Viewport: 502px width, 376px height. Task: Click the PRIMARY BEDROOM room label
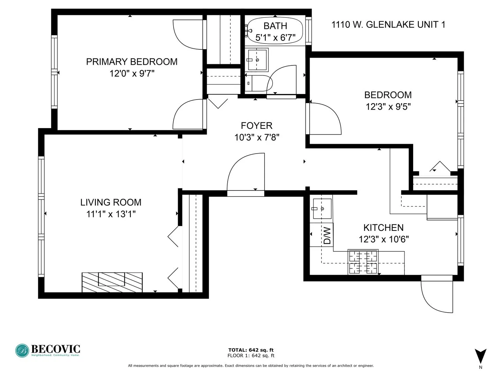pos(131,62)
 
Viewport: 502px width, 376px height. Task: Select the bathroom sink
pos(257,60)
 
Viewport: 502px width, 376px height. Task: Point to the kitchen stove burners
pos(363,262)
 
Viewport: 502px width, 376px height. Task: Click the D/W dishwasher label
pos(327,236)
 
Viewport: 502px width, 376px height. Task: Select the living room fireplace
pos(112,282)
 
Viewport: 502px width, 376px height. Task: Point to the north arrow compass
pos(480,357)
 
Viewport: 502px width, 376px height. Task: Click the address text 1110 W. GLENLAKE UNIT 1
pos(388,24)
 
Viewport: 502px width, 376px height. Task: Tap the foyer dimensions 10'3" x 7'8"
pos(257,137)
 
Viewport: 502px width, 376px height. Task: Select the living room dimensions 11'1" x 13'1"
pos(111,214)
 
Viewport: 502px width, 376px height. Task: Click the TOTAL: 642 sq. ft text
pos(251,350)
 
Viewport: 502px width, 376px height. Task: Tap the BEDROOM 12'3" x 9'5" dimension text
pos(388,107)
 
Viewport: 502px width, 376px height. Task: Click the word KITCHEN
pos(383,228)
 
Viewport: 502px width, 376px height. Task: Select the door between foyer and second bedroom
pos(323,118)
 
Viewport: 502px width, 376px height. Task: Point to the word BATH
pos(275,26)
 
